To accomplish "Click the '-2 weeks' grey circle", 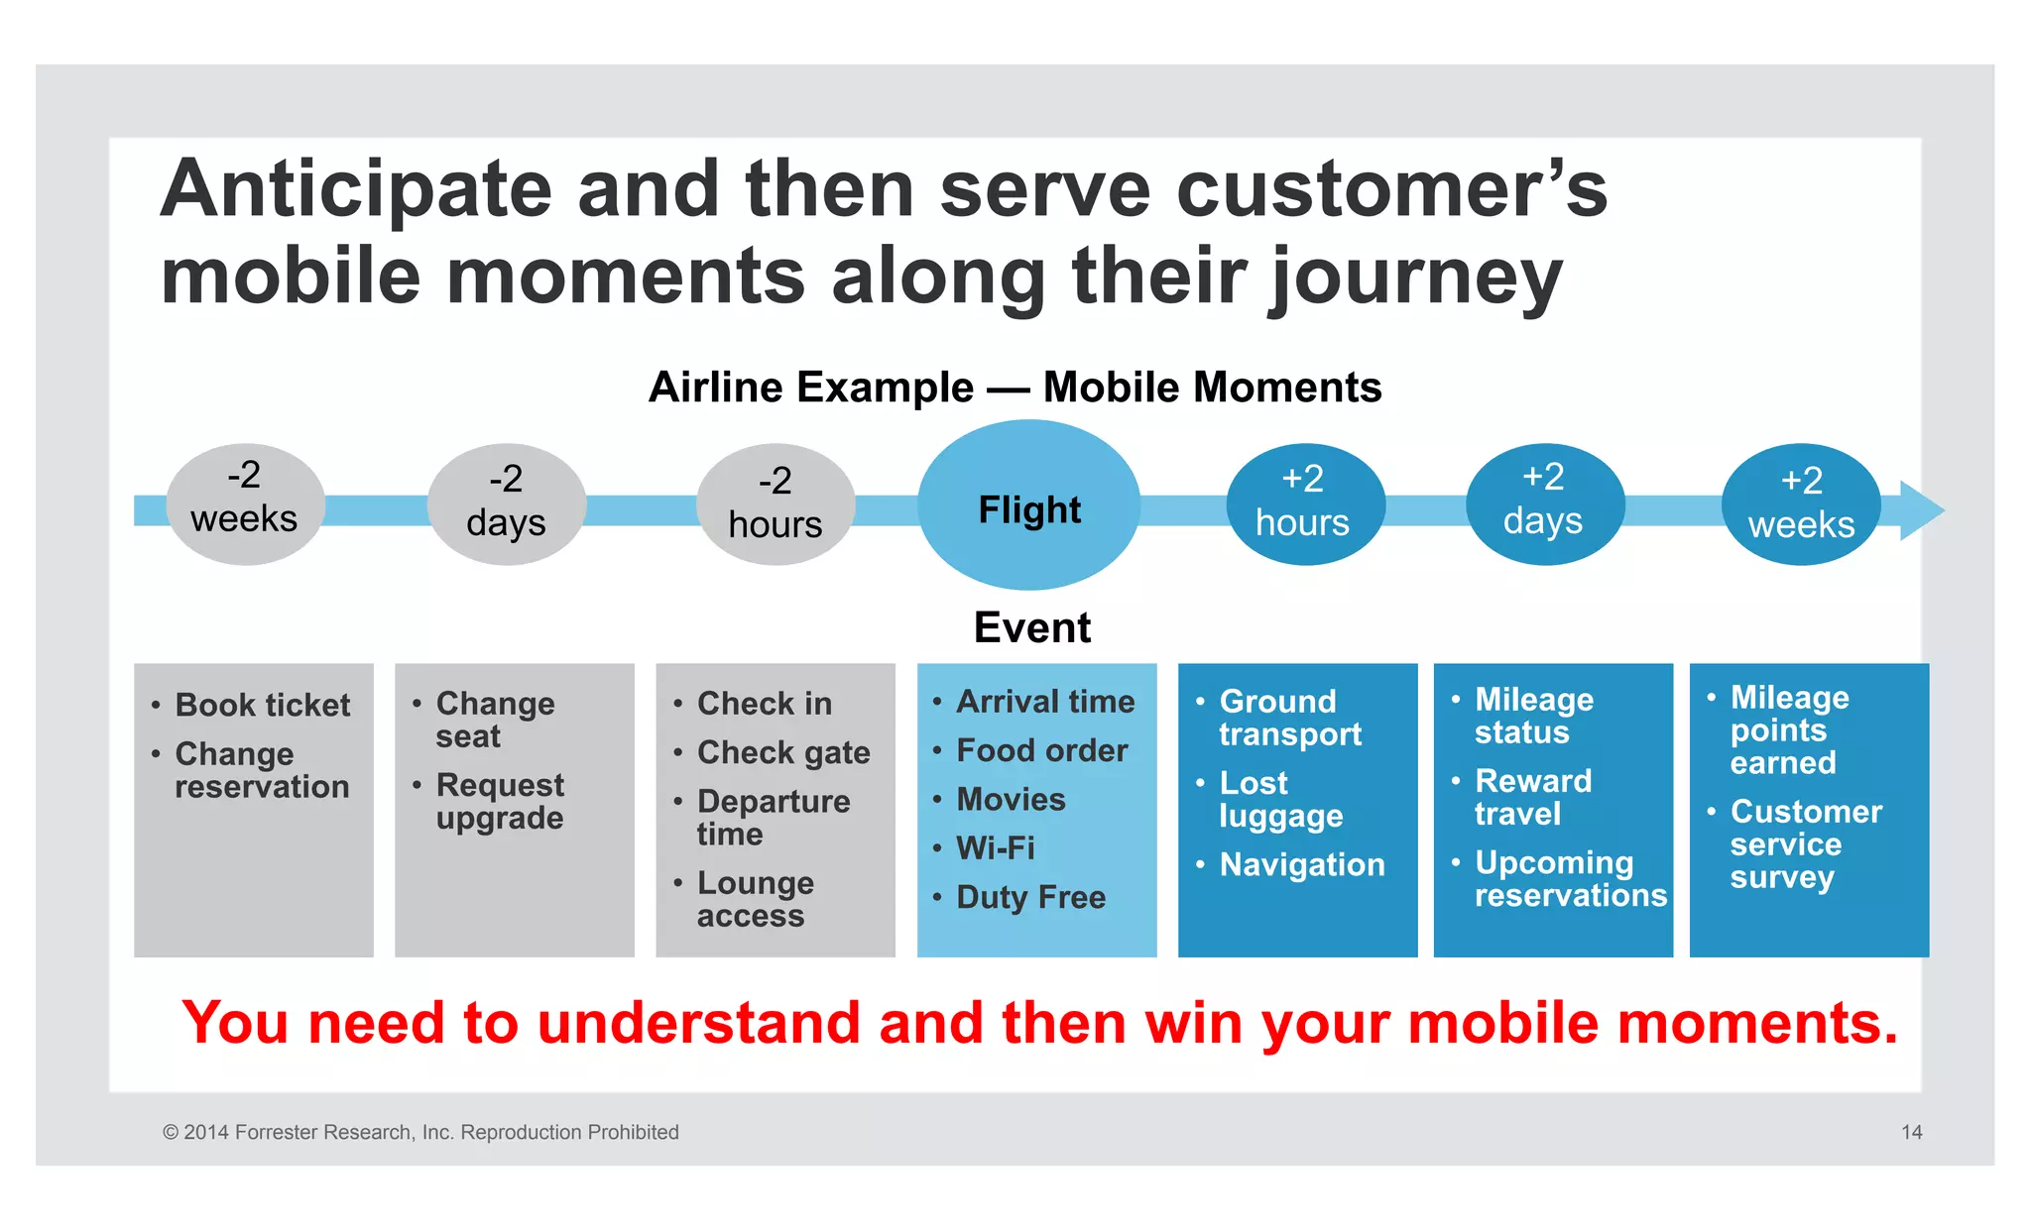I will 245,504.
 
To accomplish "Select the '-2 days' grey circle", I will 506,504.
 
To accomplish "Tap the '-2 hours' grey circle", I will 776,504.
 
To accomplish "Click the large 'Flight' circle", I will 1029,505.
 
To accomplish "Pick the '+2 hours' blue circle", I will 1304,504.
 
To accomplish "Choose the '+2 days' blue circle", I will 1544,504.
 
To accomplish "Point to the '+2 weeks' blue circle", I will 1801,504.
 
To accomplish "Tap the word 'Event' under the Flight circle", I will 1031,627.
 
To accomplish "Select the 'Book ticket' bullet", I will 262,705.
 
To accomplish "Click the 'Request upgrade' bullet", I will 500,801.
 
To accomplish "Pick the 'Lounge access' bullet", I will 755,899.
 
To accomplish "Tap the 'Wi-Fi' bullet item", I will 995,848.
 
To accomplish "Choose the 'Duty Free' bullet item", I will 1030,897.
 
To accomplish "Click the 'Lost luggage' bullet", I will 1279,799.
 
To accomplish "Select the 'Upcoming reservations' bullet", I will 1569,879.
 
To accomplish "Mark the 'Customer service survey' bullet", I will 1805,844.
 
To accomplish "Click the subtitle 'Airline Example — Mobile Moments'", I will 1015,387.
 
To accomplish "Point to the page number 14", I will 1911,1132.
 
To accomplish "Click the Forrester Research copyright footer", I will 420,1132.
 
